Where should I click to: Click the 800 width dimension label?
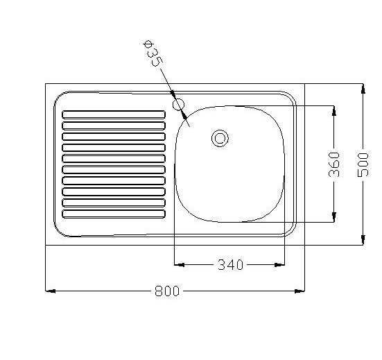click(167, 291)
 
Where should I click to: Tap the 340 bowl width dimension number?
click(230, 265)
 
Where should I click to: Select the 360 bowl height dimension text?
click(334, 164)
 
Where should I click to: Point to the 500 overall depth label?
click(363, 164)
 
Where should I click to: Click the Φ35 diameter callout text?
click(153, 53)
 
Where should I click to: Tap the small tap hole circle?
click(179, 104)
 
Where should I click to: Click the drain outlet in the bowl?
click(220, 138)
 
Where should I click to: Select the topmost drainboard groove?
click(114, 114)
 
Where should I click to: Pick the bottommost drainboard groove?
click(114, 214)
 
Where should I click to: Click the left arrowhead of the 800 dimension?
click(51, 291)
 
